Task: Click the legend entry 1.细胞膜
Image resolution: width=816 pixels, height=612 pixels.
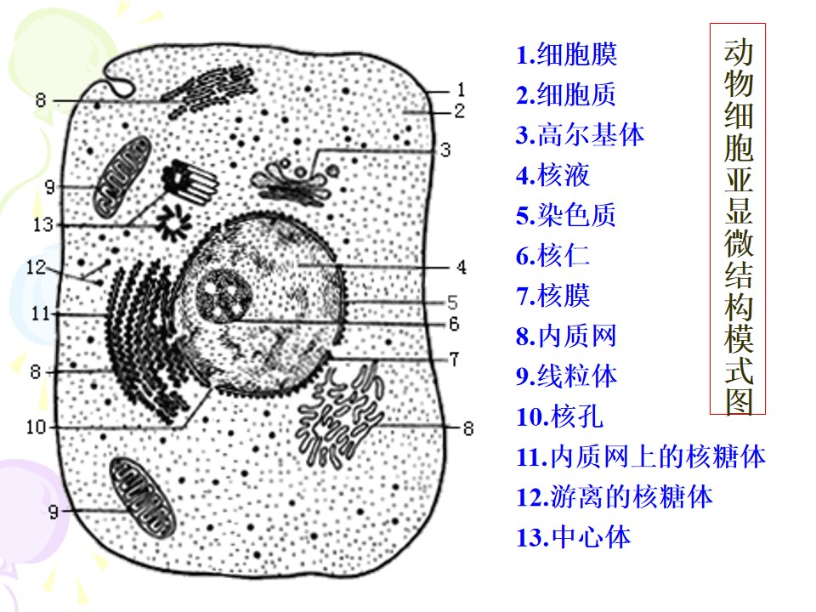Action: (566, 54)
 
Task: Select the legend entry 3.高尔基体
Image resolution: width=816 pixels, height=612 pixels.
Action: (581, 135)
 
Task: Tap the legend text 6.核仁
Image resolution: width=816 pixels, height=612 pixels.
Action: (552, 256)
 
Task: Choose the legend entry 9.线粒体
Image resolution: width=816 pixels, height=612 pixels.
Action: (566, 376)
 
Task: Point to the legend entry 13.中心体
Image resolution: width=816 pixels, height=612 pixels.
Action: (574, 536)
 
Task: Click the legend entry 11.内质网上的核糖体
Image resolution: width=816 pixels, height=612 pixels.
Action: (641, 456)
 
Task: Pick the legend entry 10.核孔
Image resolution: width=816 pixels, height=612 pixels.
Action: (559, 416)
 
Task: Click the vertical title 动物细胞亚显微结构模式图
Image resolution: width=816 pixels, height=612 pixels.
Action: (738, 218)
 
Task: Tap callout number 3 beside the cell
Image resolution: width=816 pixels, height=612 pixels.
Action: (445, 150)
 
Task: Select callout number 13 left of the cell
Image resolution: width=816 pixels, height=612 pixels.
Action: (43, 224)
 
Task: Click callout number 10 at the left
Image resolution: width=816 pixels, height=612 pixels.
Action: (37, 428)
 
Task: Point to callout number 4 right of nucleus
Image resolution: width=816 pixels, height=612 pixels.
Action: (461, 268)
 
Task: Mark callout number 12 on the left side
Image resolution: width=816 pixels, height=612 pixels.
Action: (37, 268)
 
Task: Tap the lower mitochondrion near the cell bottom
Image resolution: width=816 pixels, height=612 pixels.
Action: (142, 497)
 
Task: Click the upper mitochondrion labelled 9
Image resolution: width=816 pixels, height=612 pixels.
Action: (122, 177)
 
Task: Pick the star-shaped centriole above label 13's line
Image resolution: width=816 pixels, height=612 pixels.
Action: (173, 224)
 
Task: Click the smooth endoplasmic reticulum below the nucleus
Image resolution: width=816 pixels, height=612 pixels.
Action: (341, 414)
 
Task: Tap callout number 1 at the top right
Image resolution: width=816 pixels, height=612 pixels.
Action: (461, 90)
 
